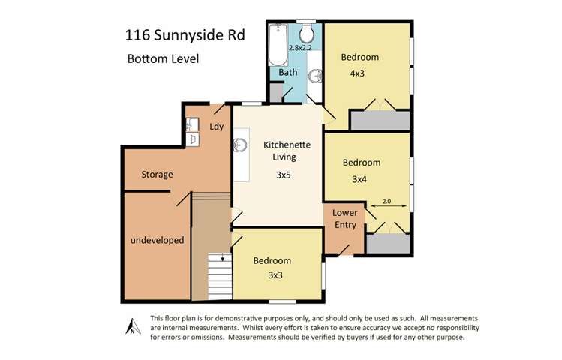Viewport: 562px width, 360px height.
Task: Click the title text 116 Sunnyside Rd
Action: (x=184, y=35)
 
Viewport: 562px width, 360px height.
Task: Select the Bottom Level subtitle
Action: (x=163, y=59)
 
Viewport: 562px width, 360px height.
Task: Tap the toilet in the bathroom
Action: (x=307, y=34)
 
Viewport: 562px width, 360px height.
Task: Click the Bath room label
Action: (x=288, y=73)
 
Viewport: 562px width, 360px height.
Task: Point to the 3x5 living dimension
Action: (x=283, y=175)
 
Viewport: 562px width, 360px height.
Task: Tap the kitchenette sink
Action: (x=242, y=144)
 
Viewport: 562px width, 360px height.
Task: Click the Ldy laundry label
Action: (x=216, y=127)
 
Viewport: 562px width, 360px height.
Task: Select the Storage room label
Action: (x=158, y=175)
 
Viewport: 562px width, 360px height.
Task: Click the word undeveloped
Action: (x=158, y=241)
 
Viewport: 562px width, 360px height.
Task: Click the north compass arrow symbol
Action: (x=130, y=326)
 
